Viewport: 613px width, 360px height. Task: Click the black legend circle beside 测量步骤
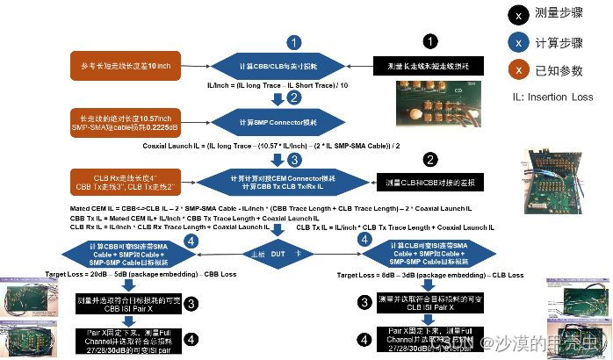click(521, 14)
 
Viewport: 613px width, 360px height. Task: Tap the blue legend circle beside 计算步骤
click(521, 41)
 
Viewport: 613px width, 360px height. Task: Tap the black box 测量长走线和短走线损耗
click(424, 66)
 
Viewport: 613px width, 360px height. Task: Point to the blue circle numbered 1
click(295, 42)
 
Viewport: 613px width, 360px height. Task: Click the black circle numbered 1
click(430, 42)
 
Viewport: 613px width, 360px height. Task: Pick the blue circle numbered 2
click(294, 97)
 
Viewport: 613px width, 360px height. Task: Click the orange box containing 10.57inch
click(124, 121)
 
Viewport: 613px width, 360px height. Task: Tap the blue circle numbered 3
click(295, 160)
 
